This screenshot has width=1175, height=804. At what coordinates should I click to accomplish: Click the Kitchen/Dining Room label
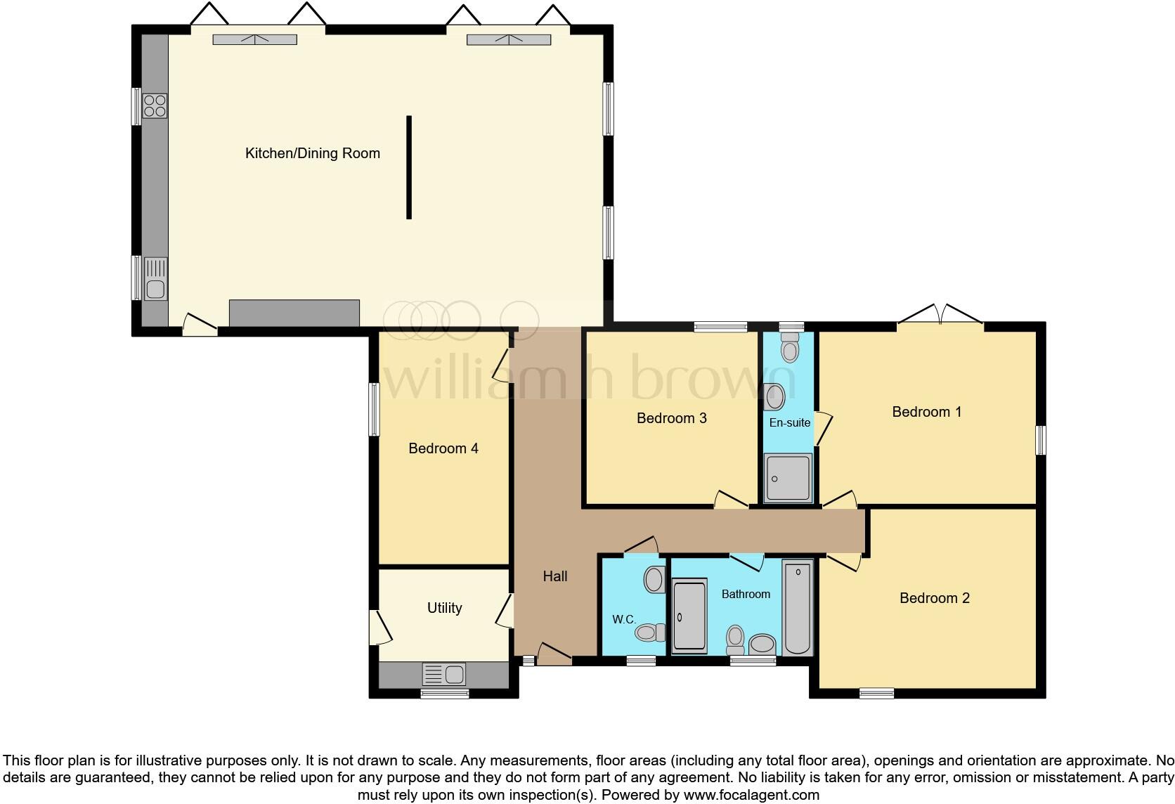pos(312,153)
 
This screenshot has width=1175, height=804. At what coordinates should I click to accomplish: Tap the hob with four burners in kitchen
pos(155,106)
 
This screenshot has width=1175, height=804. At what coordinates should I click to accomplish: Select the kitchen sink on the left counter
pos(155,280)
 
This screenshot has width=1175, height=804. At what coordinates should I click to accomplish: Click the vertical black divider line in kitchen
pos(408,167)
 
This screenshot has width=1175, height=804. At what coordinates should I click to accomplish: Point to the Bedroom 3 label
pos(671,418)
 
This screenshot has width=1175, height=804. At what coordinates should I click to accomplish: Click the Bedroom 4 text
pos(443,448)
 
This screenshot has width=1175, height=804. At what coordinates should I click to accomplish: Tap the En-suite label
pos(789,422)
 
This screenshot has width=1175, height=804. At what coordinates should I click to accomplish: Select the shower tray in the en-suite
pos(788,478)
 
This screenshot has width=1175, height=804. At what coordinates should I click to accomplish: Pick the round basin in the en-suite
pos(774,397)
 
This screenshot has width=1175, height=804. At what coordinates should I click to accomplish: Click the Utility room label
pos(444,608)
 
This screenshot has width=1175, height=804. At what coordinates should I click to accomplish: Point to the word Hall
pos(554,576)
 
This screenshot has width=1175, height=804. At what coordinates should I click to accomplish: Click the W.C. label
pos(623,619)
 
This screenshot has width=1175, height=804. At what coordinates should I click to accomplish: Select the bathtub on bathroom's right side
pos(797,608)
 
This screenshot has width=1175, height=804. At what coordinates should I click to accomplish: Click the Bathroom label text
pos(746,594)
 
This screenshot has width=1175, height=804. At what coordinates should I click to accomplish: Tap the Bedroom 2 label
pos(934,598)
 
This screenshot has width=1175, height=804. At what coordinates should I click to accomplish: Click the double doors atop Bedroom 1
pos(940,316)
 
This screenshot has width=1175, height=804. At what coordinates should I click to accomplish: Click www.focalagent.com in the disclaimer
pos(751,795)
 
